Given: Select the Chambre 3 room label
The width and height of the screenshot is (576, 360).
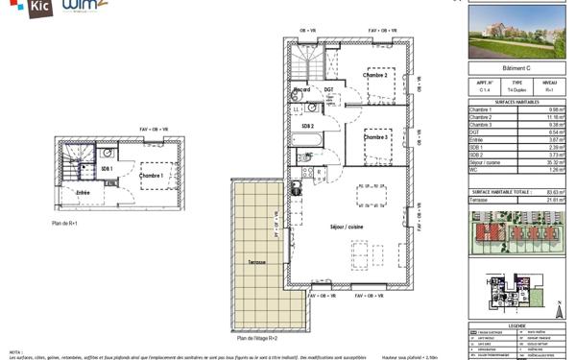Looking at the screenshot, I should point(376,137).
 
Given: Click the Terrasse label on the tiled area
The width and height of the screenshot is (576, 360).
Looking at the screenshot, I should point(253,261).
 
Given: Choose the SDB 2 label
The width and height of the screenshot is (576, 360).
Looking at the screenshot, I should point(307,126).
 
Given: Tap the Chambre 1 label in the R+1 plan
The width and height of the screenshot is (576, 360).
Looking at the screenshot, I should point(151,176).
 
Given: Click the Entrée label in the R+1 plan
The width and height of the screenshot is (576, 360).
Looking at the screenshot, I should point(84,193).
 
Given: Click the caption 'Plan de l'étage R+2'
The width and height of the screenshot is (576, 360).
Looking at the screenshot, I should point(257,338).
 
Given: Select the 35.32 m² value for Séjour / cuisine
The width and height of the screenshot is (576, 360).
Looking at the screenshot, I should point(555,162).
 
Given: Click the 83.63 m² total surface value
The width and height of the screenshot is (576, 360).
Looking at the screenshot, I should point(555,192).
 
